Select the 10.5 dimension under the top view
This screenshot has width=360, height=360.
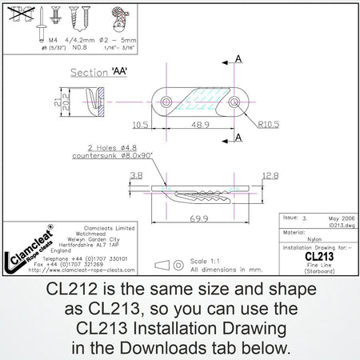tap(142, 125)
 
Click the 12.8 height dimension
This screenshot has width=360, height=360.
tap(269, 175)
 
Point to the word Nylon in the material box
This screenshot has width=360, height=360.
tap(314, 238)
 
